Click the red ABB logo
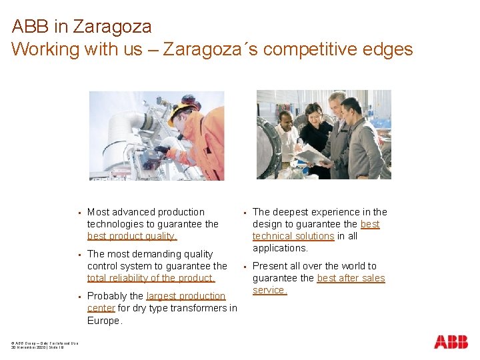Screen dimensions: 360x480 coord(451,342)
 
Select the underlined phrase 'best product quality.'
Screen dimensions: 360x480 coord(132,236)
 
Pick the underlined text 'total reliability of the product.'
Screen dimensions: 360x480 coord(151,278)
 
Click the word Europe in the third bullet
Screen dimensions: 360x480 coord(104,320)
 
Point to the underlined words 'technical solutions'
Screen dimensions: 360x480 coord(293,236)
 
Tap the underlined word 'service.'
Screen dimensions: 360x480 coord(269,290)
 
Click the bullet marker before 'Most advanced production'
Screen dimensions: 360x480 coord(79,213)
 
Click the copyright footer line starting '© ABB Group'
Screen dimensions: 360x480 coord(41,343)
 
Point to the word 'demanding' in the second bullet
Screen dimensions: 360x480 coord(155,254)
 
